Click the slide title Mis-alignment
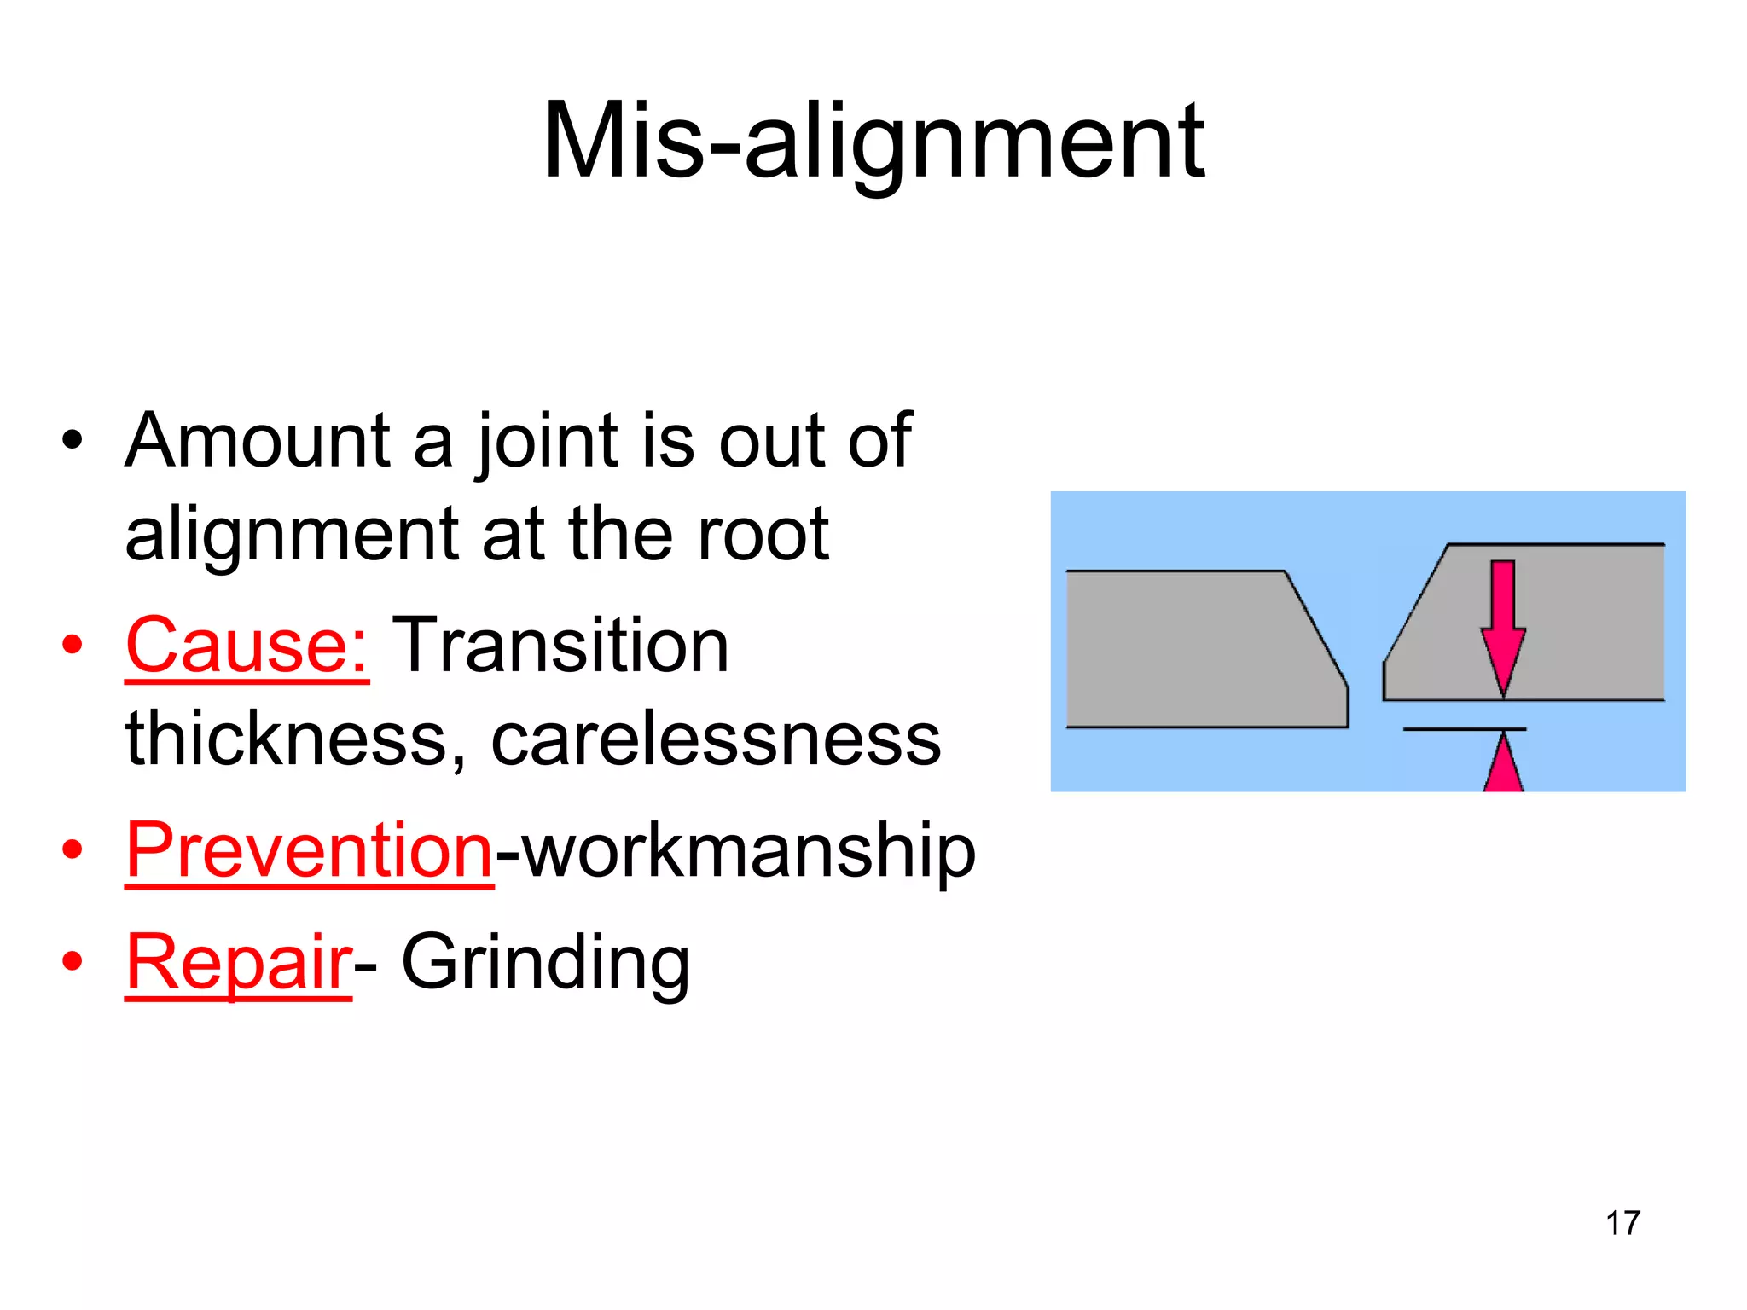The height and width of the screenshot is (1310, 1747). pyautogui.click(x=873, y=142)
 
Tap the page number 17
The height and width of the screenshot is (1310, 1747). pyautogui.click(x=1622, y=1223)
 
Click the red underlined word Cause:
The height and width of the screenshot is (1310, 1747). pyautogui.click(x=247, y=646)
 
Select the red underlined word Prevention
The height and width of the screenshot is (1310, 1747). pyautogui.click(x=309, y=850)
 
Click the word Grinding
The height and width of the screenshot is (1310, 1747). pyautogui.click(x=545, y=964)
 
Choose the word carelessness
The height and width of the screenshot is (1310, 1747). pyautogui.click(x=716, y=739)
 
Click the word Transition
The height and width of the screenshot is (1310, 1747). pyautogui.click(x=560, y=646)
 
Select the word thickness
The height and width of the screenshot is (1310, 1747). pyautogui.click(x=286, y=739)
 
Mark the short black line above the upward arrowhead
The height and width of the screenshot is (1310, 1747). pyautogui.click(x=1464, y=729)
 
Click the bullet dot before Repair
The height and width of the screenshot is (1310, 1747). pyautogui.click(x=73, y=962)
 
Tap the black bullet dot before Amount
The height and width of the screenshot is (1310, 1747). pyautogui.click(x=73, y=441)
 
